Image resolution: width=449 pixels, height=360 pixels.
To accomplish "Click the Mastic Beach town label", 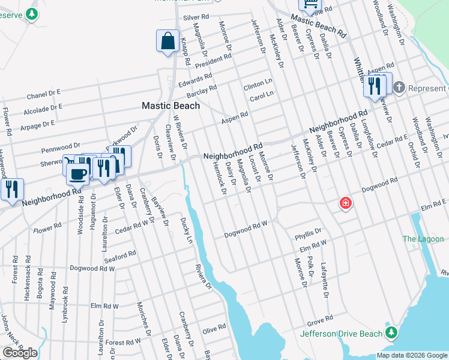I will pyautogui.click(x=170, y=105).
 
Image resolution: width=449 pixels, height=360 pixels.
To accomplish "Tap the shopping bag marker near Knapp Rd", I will pyautogui.click(x=168, y=42).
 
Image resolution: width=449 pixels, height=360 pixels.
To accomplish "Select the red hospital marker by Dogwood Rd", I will pyautogui.click(x=345, y=203).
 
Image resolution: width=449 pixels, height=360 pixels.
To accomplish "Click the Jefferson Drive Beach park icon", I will pyautogui.click(x=391, y=332).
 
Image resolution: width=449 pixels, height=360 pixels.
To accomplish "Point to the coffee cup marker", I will pyautogui.click(x=77, y=174).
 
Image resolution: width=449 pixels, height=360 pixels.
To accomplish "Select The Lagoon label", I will pyautogui.click(x=423, y=239).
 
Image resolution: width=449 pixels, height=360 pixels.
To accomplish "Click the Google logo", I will pyautogui.click(x=20, y=353).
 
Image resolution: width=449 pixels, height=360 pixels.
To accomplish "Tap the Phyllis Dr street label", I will pyautogui.click(x=308, y=233).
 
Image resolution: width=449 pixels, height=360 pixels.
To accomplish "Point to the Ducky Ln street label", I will pyautogui.click(x=186, y=231).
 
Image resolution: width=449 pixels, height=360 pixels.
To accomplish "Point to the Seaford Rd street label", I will pyautogui.click(x=120, y=256).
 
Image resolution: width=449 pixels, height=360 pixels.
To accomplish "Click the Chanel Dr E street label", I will pyautogui.click(x=44, y=94).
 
